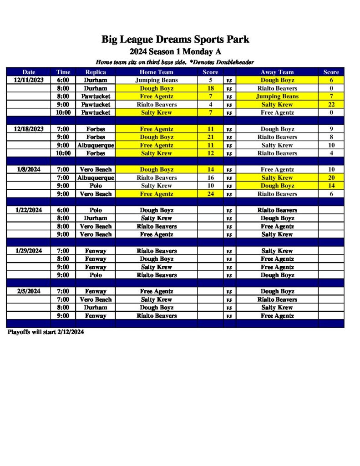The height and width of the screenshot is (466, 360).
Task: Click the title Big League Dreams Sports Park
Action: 175,40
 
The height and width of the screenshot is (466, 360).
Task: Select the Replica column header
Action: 96,72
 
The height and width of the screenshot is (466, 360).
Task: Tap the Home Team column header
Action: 156,72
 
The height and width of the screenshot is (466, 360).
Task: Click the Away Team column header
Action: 277,72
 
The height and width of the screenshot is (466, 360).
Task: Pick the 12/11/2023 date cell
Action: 29,80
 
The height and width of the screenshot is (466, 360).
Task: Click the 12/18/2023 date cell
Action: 29,129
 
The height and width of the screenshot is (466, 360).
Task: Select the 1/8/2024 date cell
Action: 29,169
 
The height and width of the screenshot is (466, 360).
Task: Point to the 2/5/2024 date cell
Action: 29,291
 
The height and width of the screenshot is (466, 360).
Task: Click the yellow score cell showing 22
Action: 331,105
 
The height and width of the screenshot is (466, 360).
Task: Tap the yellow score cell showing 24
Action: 210,194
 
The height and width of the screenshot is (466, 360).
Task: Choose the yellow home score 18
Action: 210,88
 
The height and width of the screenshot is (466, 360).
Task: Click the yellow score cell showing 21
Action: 210,137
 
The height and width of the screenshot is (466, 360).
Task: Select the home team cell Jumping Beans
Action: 156,80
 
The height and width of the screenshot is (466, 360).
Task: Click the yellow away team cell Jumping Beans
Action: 277,96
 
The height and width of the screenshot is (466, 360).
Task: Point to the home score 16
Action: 210,177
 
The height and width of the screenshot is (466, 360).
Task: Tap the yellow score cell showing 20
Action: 331,177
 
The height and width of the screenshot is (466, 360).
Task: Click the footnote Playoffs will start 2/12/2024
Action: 46,332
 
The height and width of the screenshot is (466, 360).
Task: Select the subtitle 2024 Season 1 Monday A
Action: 175,51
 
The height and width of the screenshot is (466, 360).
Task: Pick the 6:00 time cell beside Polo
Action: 63,210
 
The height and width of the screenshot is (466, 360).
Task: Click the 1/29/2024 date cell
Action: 29,251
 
